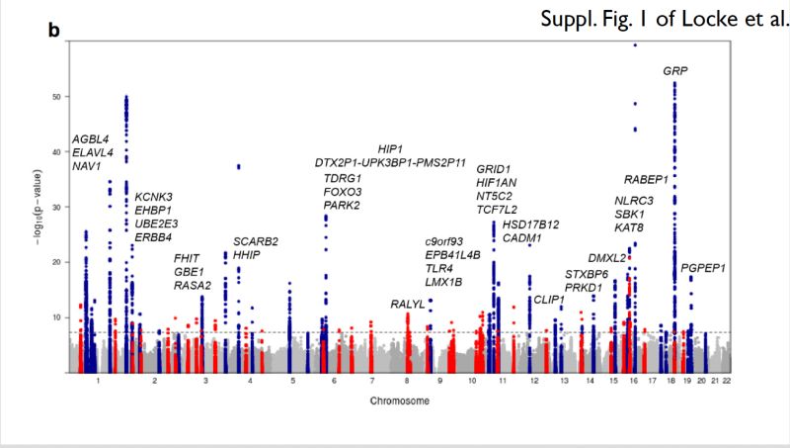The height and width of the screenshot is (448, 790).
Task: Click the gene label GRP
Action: pyautogui.click(x=675, y=71)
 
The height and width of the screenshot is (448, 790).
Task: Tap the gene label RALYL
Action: pyautogui.click(x=408, y=303)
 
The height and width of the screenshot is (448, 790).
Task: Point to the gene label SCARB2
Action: pyautogui.click(x=256, y=241)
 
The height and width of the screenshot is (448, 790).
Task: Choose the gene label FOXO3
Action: pyautogui.click(x=343, y=192)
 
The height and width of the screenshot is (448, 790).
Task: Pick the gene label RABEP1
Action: pyautogui.click(x=647, y=179)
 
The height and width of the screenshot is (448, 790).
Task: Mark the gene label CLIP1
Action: pyautogui.click(x=549, y=299)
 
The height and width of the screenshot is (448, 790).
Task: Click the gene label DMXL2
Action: pyautogui.click(x=607, y=258)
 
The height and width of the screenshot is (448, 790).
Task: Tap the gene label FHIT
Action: pyautogui.click(x=187, y=258)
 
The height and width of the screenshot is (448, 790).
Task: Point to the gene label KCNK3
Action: pyautogui.click(x=154, y=197)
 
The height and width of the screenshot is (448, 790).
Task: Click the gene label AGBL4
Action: pyautogui.click(x=91, y=139)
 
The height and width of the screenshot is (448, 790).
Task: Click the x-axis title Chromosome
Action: pyautogui.click(x=400, y=402)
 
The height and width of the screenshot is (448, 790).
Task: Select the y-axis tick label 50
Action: pyautogui.click(x=55, y=97)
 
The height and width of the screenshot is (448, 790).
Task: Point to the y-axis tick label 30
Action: pyautogui.click(x=55, y=208)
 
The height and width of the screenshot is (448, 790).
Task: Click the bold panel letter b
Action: pyautogui.click(x=54, y=31)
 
